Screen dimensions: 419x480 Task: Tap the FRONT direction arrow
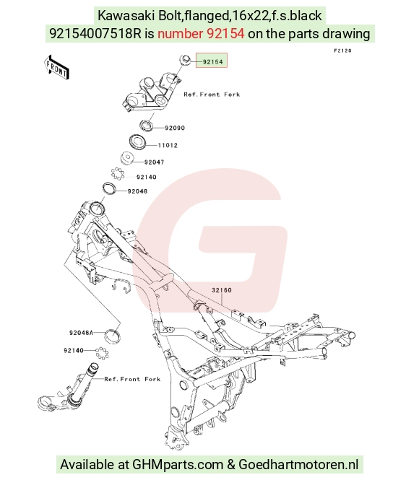(x=56, y=68)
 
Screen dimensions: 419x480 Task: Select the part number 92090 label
(x=175, y=128)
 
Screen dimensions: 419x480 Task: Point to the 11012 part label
(x=168, y=145)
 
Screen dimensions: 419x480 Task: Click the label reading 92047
(x=154, y=162)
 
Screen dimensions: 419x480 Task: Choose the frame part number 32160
(x=222, y=290)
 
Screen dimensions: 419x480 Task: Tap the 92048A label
(x=81, y=333)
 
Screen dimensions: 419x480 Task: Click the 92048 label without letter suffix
(x=137, y=191)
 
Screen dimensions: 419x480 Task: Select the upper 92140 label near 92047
(x=147, y=178)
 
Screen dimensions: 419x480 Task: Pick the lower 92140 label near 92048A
(x=74, y=351)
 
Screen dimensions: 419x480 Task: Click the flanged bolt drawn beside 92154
(x=186, y=60)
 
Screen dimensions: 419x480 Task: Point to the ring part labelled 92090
(x=146, y=126)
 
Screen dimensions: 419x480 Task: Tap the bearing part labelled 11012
(x=137, y=142)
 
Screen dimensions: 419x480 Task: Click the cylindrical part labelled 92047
(x=127, y=158)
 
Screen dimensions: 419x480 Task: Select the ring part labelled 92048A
(x=113, y=336)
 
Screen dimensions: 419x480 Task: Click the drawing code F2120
(x=342, y=51)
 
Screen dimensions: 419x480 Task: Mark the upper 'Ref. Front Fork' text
(x=212, y=95)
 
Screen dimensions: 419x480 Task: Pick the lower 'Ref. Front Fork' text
(x=132, y=379)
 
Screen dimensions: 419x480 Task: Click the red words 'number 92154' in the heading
(x=201, y=34)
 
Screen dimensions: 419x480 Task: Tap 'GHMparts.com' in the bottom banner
(x=178, y=464)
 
